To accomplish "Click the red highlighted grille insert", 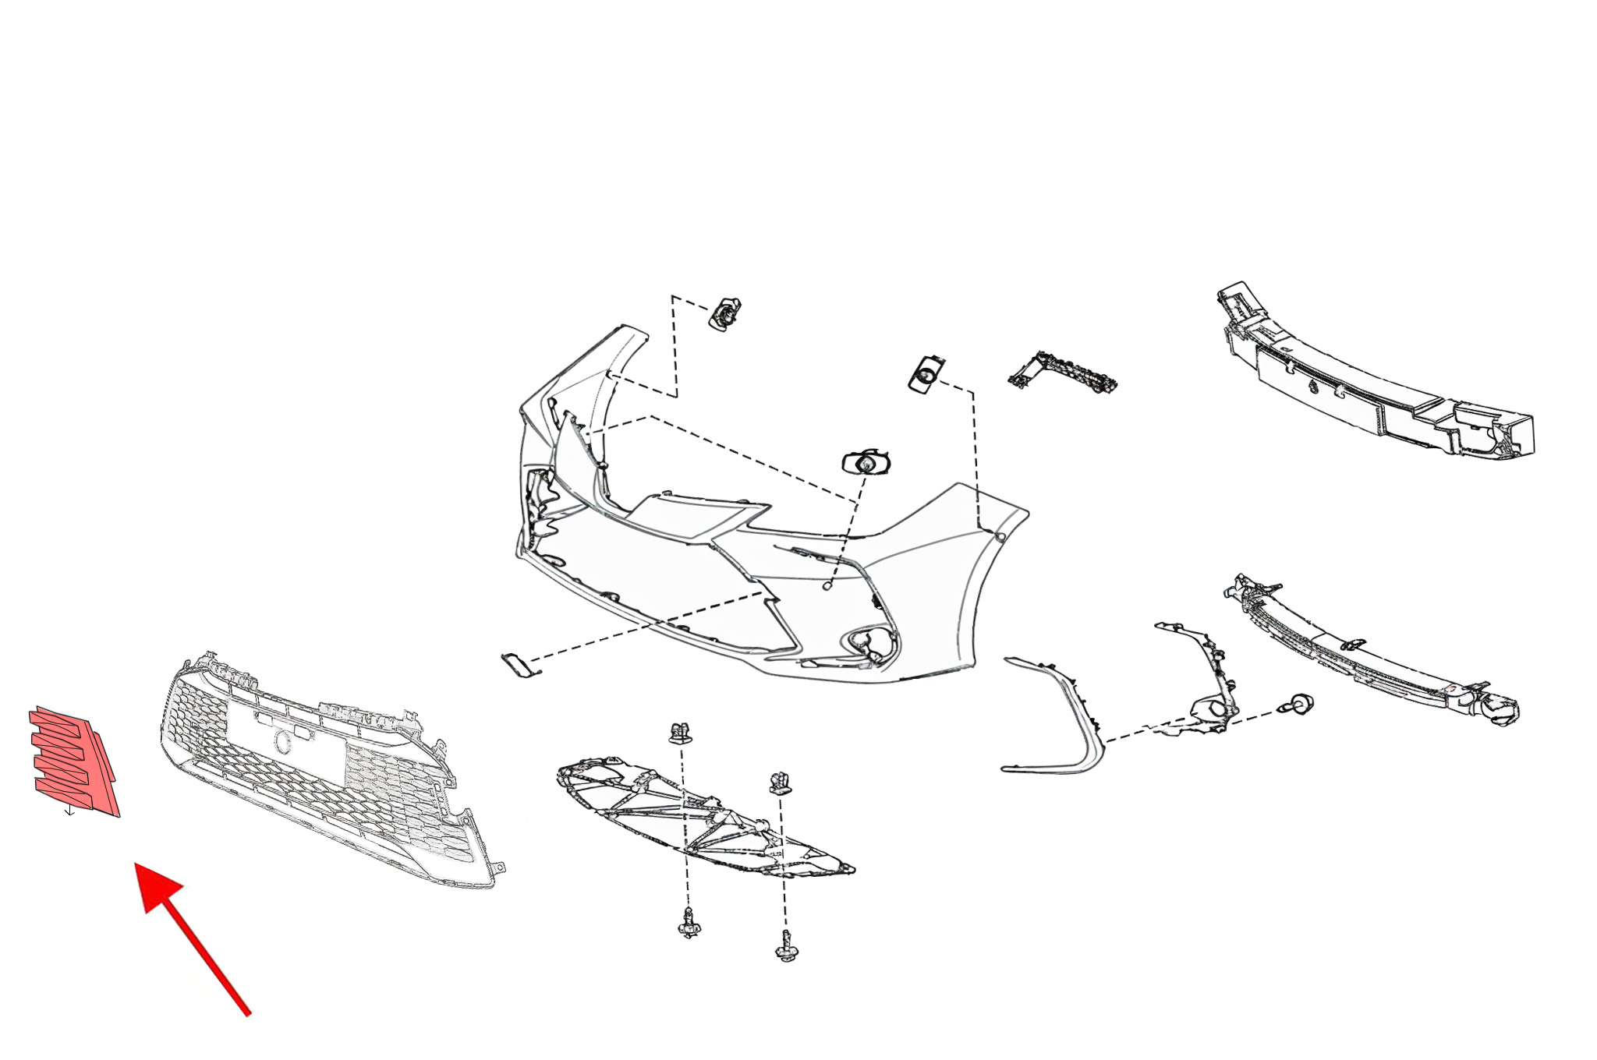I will (x=74, y=760).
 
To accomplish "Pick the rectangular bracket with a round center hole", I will (x=926, y=374).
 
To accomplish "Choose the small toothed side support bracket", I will (x=1062, y=373).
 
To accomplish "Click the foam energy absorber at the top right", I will (x=1372, y=374).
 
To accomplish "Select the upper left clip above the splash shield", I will (x=680, y=733).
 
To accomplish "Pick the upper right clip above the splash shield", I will (x=780, y=783).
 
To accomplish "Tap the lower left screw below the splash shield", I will (x=689, y=924).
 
